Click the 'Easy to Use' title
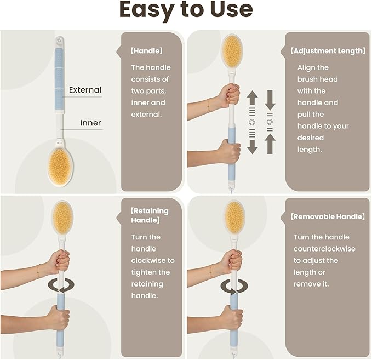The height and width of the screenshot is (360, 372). (186, 10)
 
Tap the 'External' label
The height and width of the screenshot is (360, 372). (85, 90)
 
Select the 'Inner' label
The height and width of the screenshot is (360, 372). (90, 123)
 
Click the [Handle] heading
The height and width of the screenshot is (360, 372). (147, 51)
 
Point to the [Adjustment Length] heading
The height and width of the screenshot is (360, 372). (328, 51)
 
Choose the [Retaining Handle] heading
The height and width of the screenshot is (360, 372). (150, 215)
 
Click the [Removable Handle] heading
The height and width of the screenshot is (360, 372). (328, 216)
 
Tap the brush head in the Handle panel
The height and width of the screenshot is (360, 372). (60, 167)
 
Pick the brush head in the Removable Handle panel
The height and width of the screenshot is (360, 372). (234, 217)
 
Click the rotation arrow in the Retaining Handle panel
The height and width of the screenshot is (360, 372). (61, 285)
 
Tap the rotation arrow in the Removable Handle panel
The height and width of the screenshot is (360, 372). (234, 286)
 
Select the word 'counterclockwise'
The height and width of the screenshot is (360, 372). (324, 249)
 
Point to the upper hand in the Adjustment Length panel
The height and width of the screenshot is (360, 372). (229, 95)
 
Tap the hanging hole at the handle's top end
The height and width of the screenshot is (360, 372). (59, 39)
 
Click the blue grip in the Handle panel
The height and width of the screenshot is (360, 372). (59, 79)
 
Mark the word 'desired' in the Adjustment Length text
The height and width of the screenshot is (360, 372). (310, 138)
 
